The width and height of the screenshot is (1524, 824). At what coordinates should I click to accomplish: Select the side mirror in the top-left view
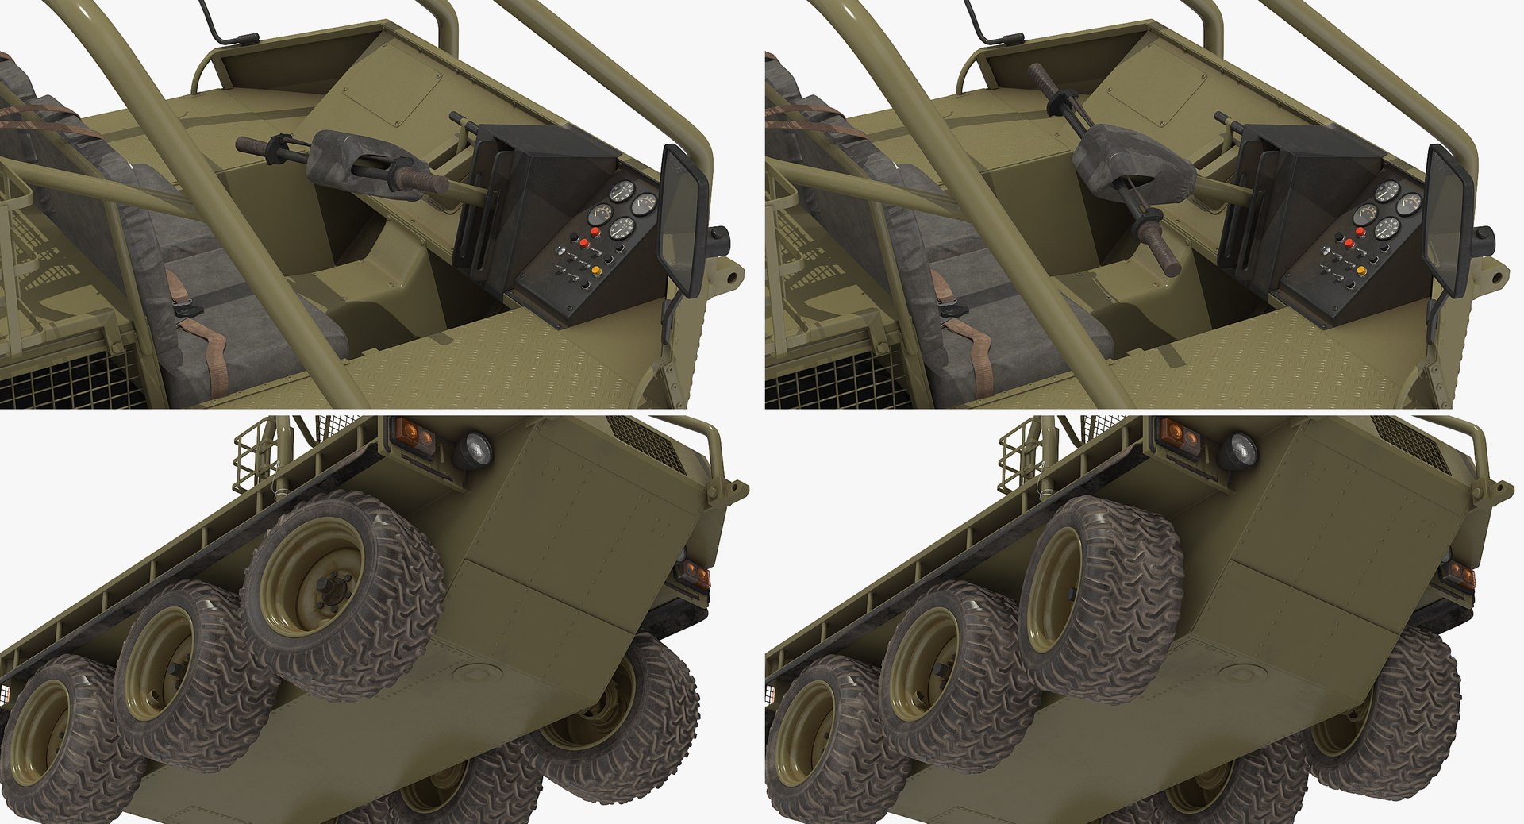(x=684, y=218)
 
